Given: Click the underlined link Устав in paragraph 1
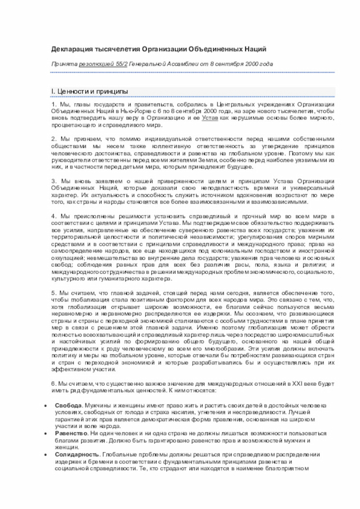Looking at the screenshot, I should pyautogui.click(x=210, y=118).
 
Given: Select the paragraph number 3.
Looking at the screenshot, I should pyautogui.click(x=53, y=181).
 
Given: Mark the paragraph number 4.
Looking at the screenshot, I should pyautogui.click(x=53, y=216).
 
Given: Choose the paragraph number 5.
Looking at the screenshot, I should pyautogui.click(x=53, y=293).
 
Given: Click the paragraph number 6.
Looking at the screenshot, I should pyautogui.click(x=53, y=384).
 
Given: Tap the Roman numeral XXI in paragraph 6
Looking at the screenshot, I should pyautogui.click(x=294, y=384).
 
